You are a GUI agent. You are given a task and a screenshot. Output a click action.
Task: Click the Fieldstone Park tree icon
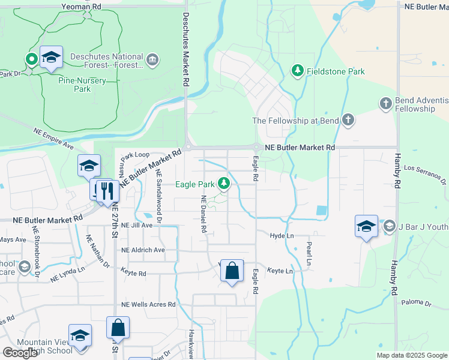297,71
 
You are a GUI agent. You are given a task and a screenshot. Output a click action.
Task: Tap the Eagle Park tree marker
224,183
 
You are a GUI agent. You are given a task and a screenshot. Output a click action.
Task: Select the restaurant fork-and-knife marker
107,191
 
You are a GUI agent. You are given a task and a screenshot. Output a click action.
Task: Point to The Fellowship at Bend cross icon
348,120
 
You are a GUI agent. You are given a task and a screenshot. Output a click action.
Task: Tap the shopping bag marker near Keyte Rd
232,271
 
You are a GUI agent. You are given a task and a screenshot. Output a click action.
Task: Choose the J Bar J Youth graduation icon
388,226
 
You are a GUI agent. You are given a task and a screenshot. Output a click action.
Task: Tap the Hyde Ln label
282,236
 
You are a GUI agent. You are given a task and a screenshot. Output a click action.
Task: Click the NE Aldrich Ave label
143,250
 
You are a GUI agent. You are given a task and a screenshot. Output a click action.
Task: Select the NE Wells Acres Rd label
148,305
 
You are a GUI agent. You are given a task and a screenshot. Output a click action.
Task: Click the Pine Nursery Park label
82,84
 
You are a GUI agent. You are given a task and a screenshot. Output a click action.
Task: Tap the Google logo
20,353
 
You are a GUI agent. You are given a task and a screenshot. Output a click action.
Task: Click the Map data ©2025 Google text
412,355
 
